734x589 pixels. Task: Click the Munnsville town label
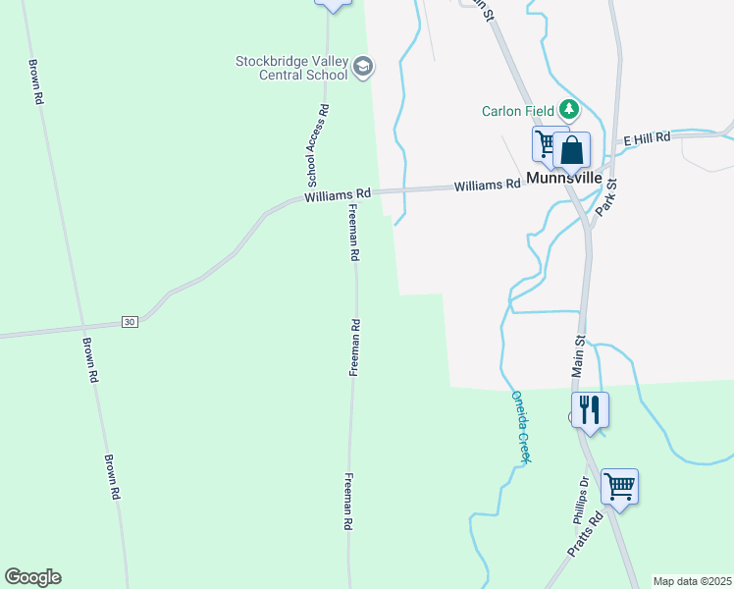tap(563, 179)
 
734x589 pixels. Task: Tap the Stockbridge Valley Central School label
tap(291, 68)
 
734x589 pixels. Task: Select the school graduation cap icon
tap(363, 67)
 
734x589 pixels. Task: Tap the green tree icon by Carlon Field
tap(568, 109)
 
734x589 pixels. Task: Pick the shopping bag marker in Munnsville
tap(572, 151)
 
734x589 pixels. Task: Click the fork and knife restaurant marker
tap(590, 408)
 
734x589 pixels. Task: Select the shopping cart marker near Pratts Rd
tap(619, 485)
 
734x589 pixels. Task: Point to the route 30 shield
tap(130, 321)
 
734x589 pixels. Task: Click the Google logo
tap(32, 576)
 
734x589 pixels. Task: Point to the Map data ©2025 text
tap(692, 581)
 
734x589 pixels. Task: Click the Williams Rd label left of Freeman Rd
tap(337, 196)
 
